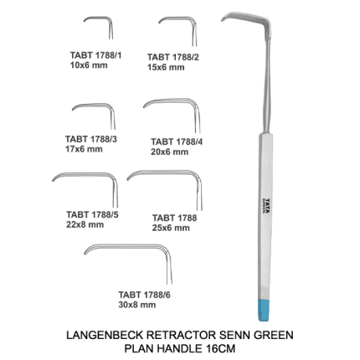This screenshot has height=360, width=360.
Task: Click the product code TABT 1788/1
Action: click(x=95, y=55)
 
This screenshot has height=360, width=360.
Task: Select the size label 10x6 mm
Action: click(x=89, y=65)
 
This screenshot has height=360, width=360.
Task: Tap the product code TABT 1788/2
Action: click(x=173, y=57)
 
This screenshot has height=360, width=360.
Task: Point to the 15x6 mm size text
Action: click(x=166, y=67)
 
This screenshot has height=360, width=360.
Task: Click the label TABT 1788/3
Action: click(x=91, y=139)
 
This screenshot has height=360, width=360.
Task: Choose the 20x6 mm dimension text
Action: click(x=170, y=152)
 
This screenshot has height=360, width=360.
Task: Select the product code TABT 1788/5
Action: click(x=92, y=214)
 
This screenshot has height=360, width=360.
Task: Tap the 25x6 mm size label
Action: click(x=171, y=228)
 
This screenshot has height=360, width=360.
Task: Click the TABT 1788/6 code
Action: click(x=144, y=295)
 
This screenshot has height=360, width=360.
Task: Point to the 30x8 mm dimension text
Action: click(x=137, y=305)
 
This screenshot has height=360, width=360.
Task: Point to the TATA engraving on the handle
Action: click(x=267, y=206)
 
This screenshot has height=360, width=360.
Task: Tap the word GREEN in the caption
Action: click(x=273, y=335)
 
